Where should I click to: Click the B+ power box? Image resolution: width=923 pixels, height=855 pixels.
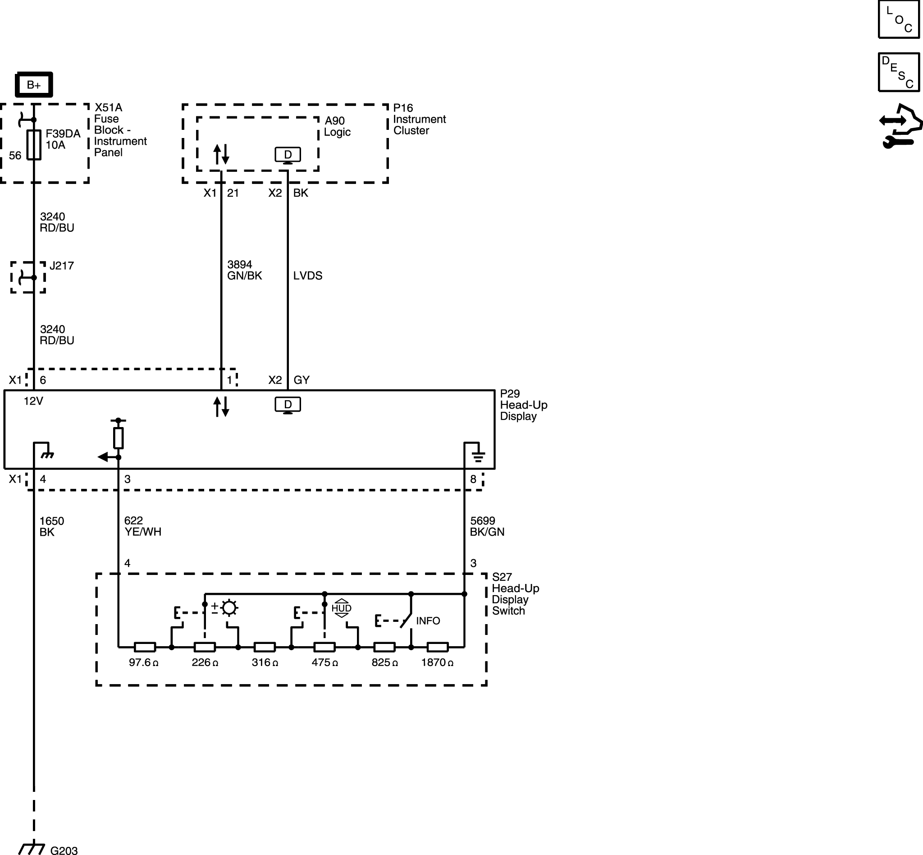[x=34, y=85]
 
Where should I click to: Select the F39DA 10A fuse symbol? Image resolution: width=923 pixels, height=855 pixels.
[x=34, y=145]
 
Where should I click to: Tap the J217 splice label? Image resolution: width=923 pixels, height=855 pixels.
[x=61, y=266]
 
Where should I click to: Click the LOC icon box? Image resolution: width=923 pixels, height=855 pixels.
[x=899, y=19]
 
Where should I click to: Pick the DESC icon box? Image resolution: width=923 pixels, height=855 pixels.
[x=899, y=72]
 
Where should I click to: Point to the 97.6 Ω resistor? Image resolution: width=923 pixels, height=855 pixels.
[x=145, y=647]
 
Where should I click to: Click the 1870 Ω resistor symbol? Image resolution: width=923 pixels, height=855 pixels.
[x=438, y=647]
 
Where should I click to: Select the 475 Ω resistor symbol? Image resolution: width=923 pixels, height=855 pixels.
[x=324, y=647]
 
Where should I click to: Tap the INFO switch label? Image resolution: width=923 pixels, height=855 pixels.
[x=428, y=621]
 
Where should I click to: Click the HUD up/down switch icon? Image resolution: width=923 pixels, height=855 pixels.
[x=341, y=608]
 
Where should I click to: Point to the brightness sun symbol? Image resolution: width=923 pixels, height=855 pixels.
[x=229, y=607]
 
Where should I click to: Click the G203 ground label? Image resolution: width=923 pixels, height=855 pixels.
[x=64, y=850]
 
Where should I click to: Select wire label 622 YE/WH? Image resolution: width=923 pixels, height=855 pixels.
[x=143, y=526]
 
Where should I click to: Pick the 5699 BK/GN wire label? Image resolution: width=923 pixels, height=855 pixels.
[x=487, y=526]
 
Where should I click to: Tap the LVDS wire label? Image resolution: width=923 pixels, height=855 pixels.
[x=307, y=275]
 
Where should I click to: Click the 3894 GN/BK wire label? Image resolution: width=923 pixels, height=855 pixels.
[x=245, y=270]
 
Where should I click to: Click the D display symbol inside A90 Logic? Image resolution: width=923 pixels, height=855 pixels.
[x=288, y=155]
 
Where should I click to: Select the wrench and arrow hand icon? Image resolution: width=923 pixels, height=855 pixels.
[x=900, y=126]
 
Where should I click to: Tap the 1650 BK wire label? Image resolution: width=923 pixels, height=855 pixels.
[x=51, y=527]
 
